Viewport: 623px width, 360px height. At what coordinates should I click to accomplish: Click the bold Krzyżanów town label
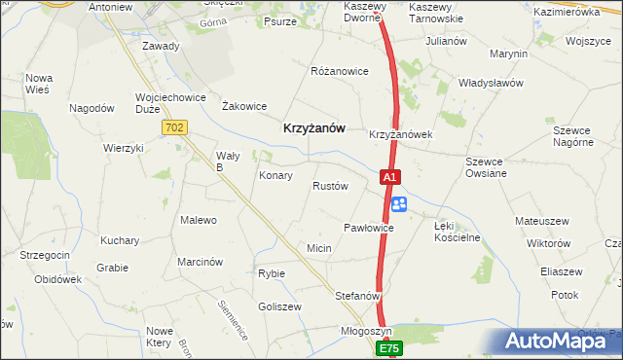313,126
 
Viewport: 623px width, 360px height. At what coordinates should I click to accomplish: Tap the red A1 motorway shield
388,178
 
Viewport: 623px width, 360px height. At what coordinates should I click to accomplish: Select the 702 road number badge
175,127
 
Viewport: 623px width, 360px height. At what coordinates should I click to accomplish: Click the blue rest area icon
399,204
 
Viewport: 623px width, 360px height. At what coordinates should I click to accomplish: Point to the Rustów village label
330,186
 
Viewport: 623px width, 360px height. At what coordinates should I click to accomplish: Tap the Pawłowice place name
368,228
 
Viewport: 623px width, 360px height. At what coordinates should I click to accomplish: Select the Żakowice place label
244,106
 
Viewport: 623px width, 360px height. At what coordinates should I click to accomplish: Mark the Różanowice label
339,72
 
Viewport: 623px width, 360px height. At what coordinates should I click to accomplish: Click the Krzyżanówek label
400,134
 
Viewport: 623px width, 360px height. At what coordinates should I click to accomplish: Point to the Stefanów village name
356,294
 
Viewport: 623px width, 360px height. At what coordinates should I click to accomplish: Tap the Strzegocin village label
44,255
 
